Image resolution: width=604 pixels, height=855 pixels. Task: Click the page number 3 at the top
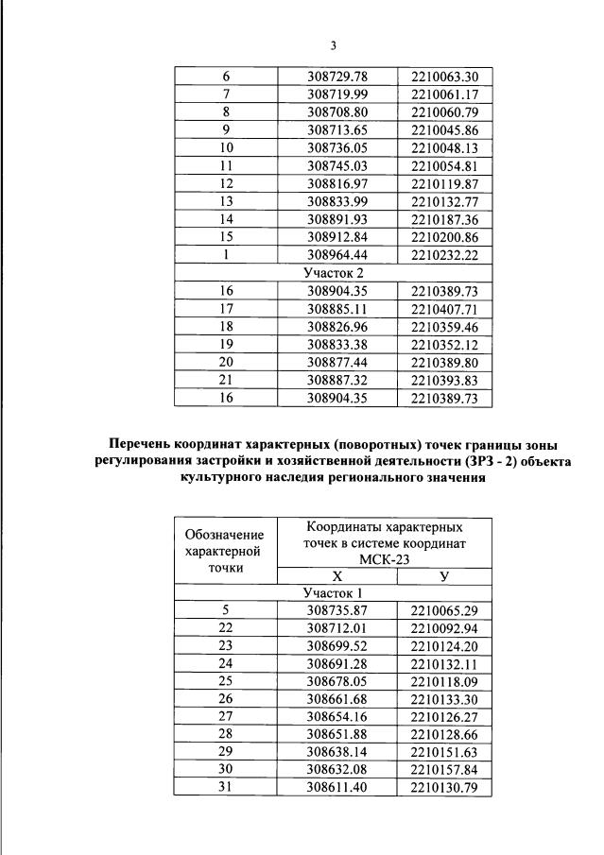[x=333, y=45]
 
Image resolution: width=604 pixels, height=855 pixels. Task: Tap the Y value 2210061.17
[x=444, y=94]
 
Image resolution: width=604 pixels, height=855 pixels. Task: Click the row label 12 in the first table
[x=226, y=183]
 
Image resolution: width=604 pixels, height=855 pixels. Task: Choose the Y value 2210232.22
[x=444, y=255]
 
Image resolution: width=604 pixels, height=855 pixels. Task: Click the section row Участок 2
[x=333, y=273]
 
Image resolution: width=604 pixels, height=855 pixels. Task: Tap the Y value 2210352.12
[x=444, y=345]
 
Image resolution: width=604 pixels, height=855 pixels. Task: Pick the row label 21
[x=226, y=381]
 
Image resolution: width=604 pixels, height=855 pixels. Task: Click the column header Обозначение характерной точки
[x=225, y=551]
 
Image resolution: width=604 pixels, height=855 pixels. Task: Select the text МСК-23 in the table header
[x=385, y=559]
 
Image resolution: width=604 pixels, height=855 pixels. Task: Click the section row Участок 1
[x=333, y=593]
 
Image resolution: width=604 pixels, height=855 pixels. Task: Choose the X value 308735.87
[x=337, y=611]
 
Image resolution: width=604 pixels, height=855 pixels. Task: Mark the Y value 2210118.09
[x=444, y=682]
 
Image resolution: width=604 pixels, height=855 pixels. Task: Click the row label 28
[x=225, y=736]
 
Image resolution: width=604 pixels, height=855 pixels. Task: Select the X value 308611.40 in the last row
[x=337, y=790]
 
